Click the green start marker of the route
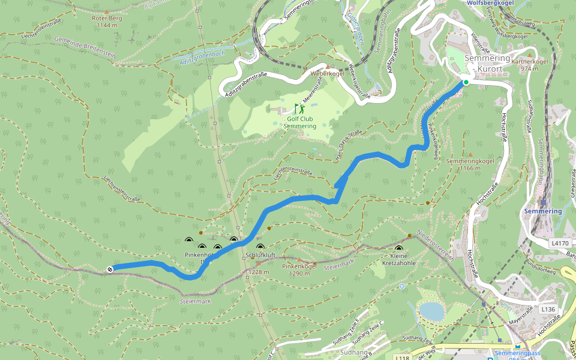click(x=466, y=82)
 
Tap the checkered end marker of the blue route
click(x=110, y=269)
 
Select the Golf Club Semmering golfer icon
click(x=299, y=109)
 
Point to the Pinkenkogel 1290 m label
click(x=299, y=269)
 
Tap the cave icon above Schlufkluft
click(x=260, y=247)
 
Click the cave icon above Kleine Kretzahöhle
click(x=398, y=248)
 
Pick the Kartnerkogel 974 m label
click(x=530, y=65)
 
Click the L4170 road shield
click(x=559, y=243)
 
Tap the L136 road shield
click(x=548, y=309)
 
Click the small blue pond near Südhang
click(x=431, y=311)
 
